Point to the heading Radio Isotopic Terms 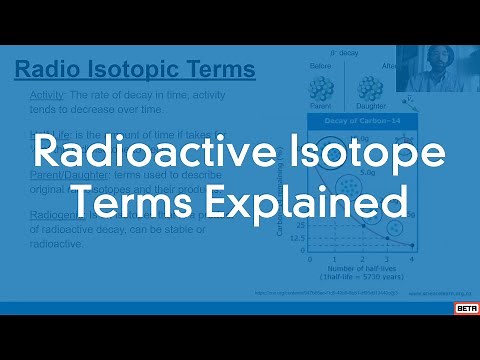(135, 70)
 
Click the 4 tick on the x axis (410, 257)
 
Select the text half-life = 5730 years (359, 277)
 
